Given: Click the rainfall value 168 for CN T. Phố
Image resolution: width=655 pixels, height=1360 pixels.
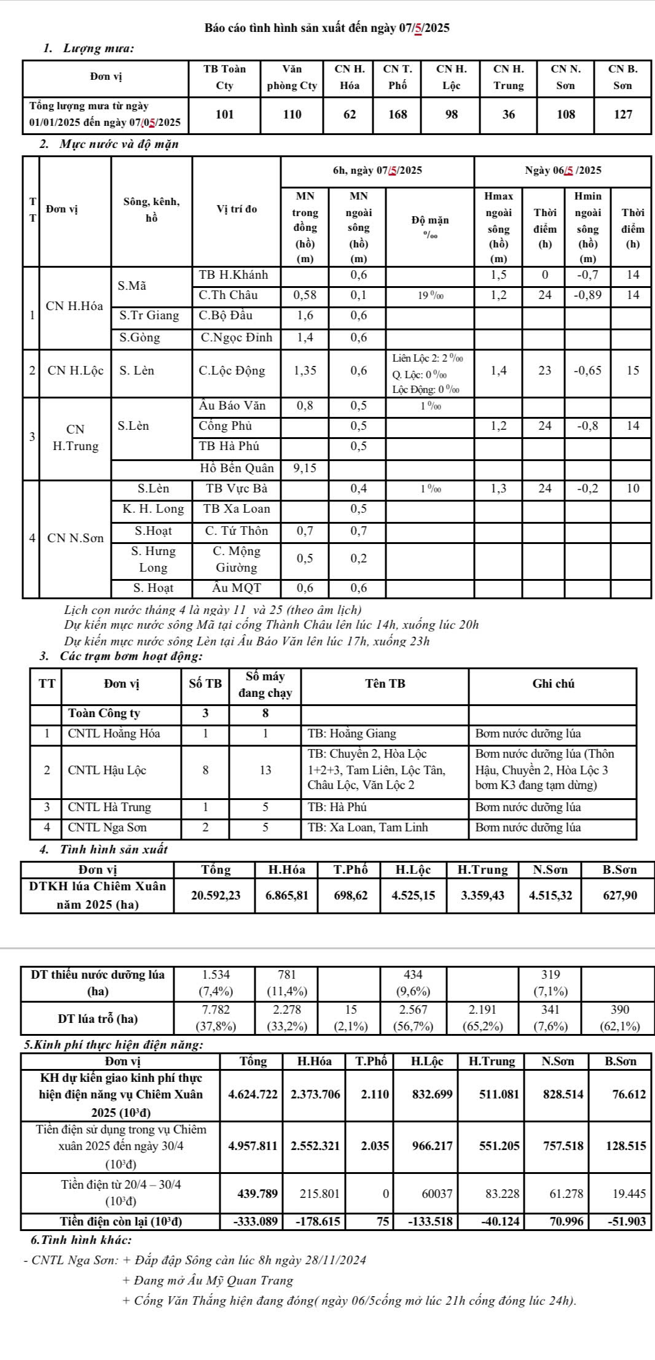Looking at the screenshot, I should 398,114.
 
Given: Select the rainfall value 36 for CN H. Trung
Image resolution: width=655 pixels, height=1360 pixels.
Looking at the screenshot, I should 509,114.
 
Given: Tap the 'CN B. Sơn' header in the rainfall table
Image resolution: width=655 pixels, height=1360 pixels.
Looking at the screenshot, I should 622,77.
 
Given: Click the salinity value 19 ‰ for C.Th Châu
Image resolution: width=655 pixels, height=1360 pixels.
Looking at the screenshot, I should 431,295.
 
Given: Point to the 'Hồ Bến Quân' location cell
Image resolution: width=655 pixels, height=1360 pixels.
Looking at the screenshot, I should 237,468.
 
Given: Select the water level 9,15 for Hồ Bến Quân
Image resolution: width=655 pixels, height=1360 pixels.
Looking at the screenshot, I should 305,468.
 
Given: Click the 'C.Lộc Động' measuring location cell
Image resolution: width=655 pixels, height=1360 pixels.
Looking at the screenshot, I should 232,371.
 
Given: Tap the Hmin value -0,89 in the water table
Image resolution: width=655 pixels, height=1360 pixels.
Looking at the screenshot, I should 588,295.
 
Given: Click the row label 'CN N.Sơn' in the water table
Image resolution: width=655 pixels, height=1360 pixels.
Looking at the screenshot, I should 76,538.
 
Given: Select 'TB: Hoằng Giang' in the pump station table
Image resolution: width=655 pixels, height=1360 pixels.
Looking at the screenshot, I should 352,734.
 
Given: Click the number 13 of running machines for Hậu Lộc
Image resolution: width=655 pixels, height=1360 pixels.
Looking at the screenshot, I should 265,771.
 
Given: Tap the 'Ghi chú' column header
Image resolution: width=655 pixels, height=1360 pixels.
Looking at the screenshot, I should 553,684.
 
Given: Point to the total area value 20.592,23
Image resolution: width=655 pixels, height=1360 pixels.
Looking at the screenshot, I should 216,896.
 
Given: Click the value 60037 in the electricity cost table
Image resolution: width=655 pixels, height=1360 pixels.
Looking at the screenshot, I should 437,1194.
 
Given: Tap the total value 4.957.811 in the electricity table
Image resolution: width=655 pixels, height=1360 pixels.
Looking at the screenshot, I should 253,1146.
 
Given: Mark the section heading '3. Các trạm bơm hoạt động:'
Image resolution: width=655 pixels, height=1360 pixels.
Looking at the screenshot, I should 120,656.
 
